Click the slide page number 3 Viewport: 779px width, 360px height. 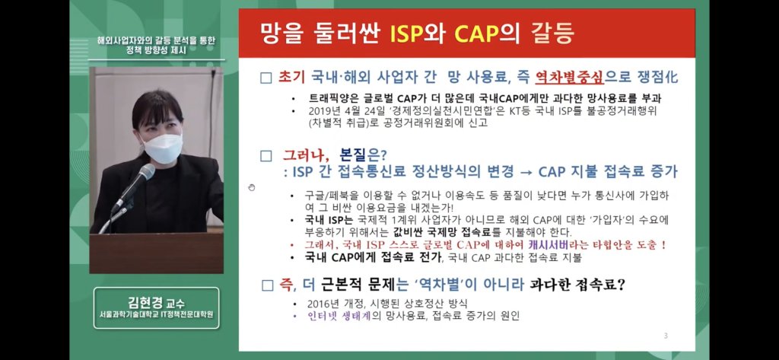click(666, 336)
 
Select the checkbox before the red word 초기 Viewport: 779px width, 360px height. click(266, 78)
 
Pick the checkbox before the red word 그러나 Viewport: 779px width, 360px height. click(266, 156)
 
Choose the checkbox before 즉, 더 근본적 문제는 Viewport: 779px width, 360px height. click(267, 285)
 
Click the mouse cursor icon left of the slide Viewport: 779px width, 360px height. click(251, 187)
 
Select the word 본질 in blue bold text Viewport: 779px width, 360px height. click(353, 155)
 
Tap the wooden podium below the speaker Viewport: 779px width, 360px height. click(157, 253)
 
